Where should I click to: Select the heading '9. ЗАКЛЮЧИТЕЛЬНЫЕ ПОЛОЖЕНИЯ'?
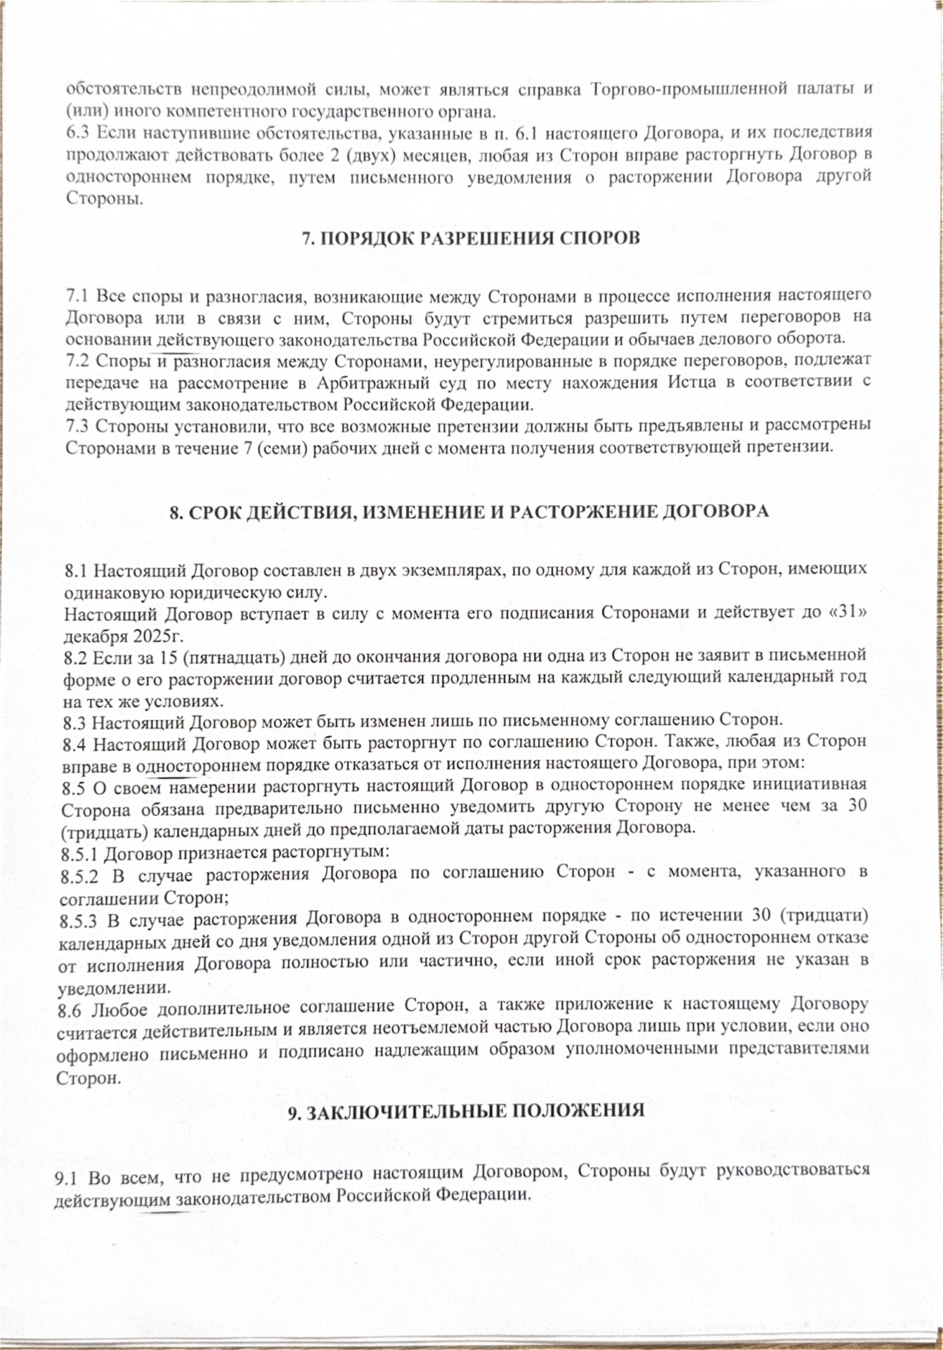467,1110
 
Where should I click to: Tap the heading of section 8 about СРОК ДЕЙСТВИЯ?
469,511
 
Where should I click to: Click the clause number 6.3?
78,132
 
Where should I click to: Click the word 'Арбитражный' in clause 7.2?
359,383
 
